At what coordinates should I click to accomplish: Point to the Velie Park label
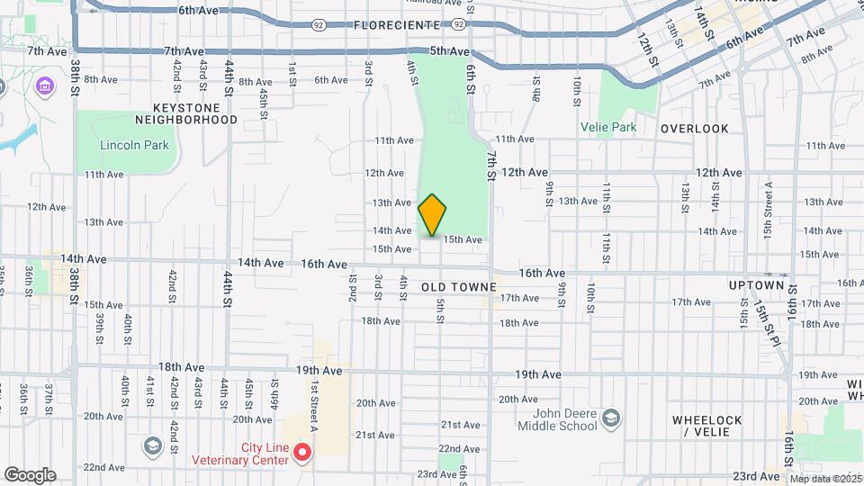point(608,127)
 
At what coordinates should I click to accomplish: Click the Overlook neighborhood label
point(694,129)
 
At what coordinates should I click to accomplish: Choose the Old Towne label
point(459,286)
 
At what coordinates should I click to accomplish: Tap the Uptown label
point(757,285)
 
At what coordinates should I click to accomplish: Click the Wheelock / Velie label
point(706,426)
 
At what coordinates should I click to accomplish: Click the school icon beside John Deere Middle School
point(612,418)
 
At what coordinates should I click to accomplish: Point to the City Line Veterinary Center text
point(239,454)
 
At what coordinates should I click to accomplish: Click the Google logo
point(29,475)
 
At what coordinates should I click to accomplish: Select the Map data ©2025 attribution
point(825,479)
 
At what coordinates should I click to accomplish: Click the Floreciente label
point(397,24)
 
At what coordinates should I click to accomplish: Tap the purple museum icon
point(43,85)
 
